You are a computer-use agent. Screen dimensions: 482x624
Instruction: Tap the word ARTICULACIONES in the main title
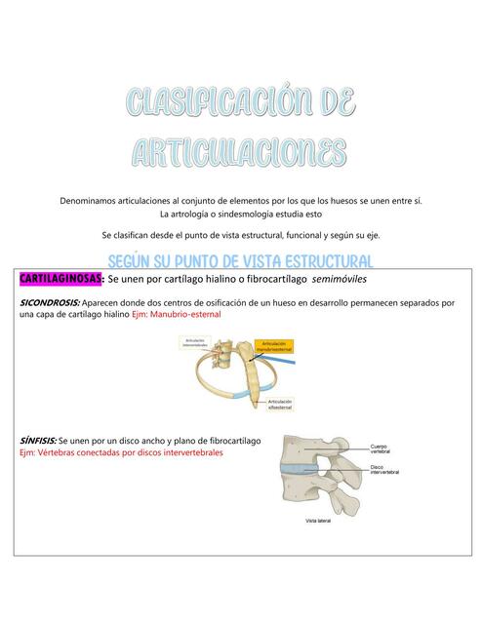239,151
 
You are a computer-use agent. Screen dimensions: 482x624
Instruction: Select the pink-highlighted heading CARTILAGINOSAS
60,280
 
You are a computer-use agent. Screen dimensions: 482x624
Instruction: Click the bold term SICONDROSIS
51,303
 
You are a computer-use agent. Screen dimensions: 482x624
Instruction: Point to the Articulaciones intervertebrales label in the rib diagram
198,342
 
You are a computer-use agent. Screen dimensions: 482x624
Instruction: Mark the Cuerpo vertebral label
382,451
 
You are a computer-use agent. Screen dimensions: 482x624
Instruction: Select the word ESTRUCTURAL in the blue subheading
316,261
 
